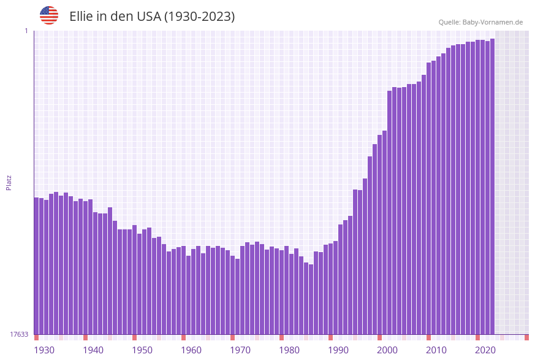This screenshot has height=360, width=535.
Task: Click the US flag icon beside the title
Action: point(49,15)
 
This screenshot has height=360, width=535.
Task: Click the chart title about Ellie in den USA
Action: point(152,17)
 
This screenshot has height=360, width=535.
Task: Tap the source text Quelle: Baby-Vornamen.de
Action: point(480,22)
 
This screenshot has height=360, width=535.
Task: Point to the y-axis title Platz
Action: point(9,182)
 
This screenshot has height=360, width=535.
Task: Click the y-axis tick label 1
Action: point(26,31)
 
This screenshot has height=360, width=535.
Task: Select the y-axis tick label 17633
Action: point(19,334)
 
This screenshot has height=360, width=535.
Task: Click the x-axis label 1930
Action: point(44,350)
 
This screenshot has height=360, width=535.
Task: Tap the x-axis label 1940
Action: point(93,350)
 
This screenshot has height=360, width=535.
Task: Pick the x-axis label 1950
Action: point(142,350)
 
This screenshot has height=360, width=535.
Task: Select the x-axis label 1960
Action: point(191,350)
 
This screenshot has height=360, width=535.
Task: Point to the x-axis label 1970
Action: point(240,350)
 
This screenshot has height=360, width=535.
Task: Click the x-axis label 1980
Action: point(289,350)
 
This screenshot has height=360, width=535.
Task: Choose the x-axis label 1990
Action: point(338,350)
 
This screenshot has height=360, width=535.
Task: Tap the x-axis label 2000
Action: point(387,350)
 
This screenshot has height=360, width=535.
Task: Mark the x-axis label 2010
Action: point(436,350)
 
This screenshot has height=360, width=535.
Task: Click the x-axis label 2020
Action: point(485,350)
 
